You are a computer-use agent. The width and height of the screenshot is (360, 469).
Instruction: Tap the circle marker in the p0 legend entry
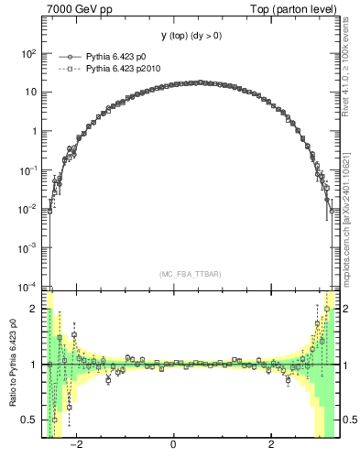click(x=67, y=57)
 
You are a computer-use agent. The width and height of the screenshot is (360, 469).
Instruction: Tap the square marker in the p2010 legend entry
click(x=67, y=68)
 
